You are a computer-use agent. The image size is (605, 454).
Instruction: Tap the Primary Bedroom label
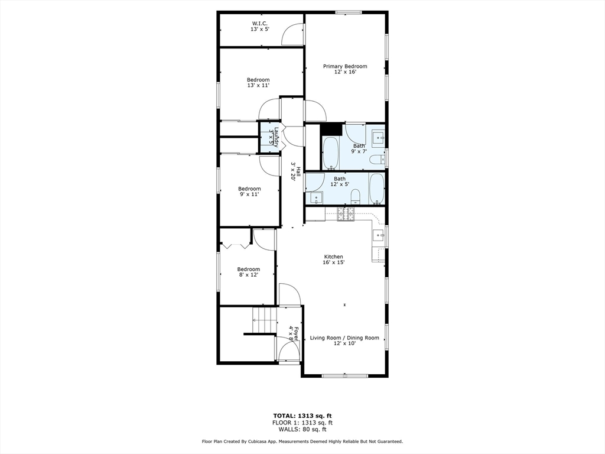[345, 66]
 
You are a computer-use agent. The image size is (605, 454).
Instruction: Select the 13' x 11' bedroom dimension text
[258, 86]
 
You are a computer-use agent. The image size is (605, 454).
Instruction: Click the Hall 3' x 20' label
[295, 172]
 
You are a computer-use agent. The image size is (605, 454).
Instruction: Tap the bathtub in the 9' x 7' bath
[330, 153]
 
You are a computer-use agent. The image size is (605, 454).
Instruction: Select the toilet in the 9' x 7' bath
[376, 159]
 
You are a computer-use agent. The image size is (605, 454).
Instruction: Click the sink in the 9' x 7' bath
[376, 137]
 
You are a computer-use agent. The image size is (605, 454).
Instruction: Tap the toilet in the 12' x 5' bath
[356, 195]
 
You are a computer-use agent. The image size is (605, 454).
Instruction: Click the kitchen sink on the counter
[378, 234]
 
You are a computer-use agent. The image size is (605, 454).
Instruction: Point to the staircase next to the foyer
[264, 320]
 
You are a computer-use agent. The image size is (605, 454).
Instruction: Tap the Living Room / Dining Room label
[344, 338]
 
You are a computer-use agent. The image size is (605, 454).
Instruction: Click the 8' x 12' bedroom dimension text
[248, 275]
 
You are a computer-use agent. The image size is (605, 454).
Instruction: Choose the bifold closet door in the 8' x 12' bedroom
[235, 244]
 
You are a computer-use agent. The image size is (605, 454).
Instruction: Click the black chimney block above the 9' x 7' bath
[332, 129]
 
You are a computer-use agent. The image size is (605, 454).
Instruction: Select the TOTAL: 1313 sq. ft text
[302, 416]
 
